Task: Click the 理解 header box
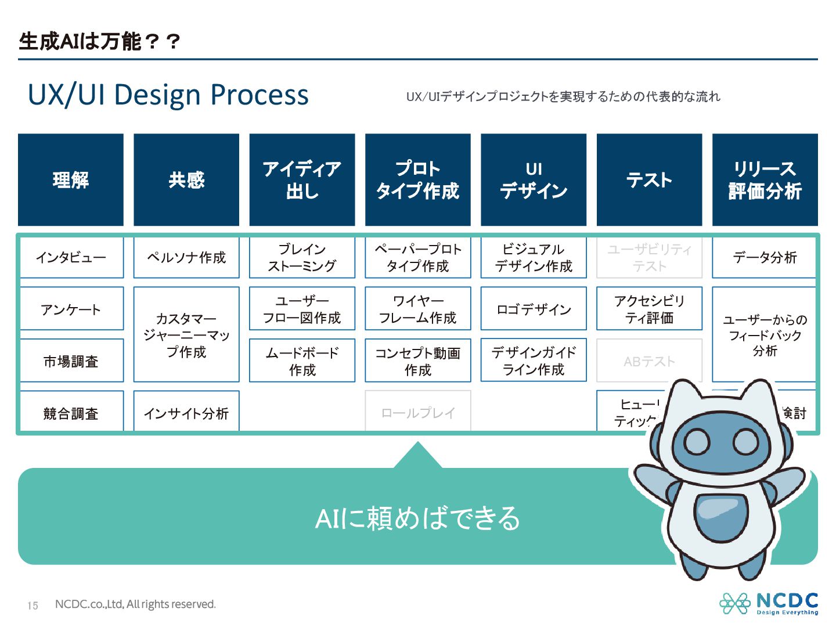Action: click(x=70, y=180)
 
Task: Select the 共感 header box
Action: click(x=186, y=180)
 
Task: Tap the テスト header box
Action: click(x=649, y=180)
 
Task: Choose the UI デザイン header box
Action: click(x=534, y=180)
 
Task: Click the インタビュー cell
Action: click(x=71, y=257)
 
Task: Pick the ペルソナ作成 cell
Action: click(x=186, y=257)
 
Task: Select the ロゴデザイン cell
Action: click(x=534, y=309)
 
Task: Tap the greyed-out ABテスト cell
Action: click(x=649, y=361)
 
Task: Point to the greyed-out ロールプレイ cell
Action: click(x=418, y=412)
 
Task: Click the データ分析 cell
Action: click(x=765, y=257)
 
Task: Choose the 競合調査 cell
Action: click(x=71, y=413)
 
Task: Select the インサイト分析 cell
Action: click(x=186, y=413)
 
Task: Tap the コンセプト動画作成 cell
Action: click(x=418, y=361)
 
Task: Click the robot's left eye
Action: click(x=697, y=442)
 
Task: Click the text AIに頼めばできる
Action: click(x=417, y=518)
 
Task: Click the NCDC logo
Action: click(x=769, y=604)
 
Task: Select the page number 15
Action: click(x=33, y=606)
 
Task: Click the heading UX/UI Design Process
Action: click(x=168, y=95)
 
